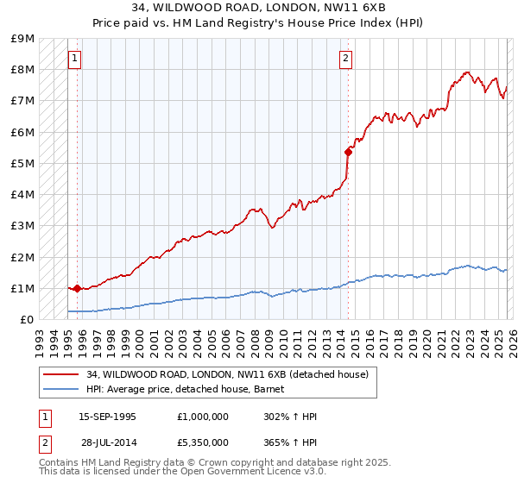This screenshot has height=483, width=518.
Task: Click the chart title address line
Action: coord(259,7)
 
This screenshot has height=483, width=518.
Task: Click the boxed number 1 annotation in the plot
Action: coord(75,59)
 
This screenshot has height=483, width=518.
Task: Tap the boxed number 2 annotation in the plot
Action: coord(345,59)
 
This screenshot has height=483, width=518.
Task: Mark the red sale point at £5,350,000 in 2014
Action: coord(348,152)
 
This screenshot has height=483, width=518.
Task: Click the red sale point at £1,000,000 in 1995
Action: coord(77,288)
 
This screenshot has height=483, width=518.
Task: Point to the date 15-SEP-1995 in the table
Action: coord(107,417)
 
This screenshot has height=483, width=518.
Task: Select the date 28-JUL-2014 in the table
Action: coord(109,442)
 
